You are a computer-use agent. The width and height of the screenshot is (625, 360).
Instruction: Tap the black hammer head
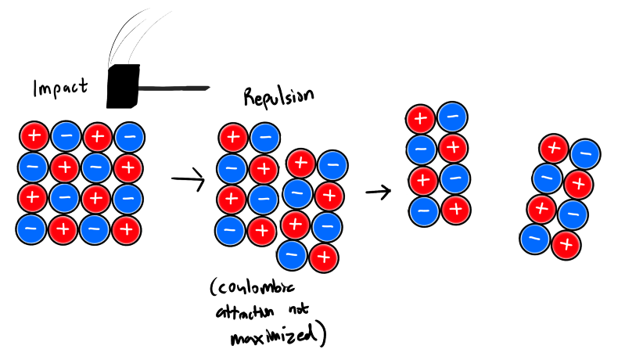coord(123,85)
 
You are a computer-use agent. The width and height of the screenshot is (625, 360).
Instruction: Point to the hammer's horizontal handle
coord(175,86)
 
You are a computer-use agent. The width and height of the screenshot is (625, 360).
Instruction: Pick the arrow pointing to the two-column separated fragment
coord(379,190)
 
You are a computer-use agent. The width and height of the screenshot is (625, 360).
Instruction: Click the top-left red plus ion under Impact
coord(33,136)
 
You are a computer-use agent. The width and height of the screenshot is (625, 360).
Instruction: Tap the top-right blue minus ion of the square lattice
coord(128,136)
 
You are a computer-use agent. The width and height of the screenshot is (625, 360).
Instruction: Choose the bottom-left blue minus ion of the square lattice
coord(32,229)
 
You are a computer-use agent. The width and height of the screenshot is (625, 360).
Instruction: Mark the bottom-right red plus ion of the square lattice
coord(128,229)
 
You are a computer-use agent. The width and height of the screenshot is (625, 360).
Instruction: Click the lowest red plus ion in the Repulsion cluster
coord(324,257)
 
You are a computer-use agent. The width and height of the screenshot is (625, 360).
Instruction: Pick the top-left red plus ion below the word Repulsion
coord(233,138)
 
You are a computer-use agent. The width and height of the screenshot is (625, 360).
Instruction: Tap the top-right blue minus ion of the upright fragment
coord(453,117)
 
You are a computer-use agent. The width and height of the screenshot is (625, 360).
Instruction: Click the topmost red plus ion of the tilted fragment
coord(554,147)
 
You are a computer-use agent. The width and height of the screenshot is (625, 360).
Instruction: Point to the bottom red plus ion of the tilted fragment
coord(566,245)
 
